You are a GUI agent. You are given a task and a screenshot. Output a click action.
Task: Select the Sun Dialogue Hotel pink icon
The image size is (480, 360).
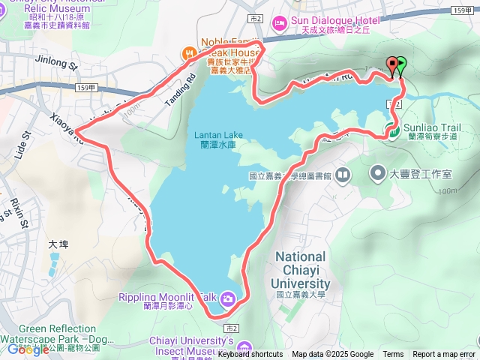coord(279,24)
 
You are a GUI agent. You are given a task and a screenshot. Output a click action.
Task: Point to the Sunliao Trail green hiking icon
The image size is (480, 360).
coord(393,133)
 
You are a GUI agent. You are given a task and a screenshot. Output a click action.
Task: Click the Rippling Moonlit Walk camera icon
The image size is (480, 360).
coord(227,300)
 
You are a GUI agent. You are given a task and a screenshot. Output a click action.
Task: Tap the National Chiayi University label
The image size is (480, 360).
coord(301,269)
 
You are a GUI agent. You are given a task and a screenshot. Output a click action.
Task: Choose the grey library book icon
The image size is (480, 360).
coord(343,175)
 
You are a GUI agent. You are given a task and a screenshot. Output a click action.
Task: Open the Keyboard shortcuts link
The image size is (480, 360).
coord(251,355)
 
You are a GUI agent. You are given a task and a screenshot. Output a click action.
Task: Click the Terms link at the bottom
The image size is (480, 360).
coord(393,355)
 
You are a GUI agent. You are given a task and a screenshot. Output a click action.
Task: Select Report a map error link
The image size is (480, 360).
coord(444,355)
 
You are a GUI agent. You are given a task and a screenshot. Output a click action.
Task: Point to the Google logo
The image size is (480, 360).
coord(28,349)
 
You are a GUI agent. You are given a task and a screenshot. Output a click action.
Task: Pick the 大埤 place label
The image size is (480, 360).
coord(58,244)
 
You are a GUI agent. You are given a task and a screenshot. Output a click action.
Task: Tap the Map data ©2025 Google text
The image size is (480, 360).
coord(332,355)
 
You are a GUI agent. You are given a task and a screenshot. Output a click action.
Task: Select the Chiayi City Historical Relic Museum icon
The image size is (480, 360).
coord(6,13)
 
